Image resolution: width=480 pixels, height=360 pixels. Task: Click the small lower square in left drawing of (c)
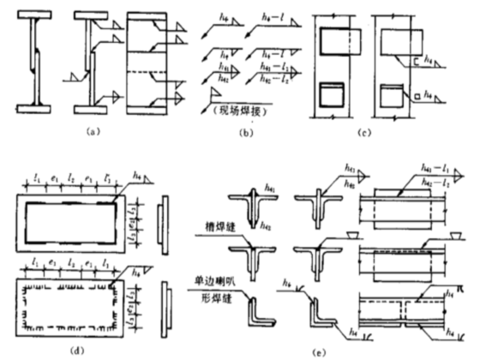click(x=332, y=93)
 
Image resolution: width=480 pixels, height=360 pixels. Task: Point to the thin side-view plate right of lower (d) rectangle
click(x=162, y=305)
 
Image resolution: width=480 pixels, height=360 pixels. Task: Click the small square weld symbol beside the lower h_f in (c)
click(x=416, y=96)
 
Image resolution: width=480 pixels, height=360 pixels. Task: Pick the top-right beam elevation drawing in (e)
click(x=409, y=210)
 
